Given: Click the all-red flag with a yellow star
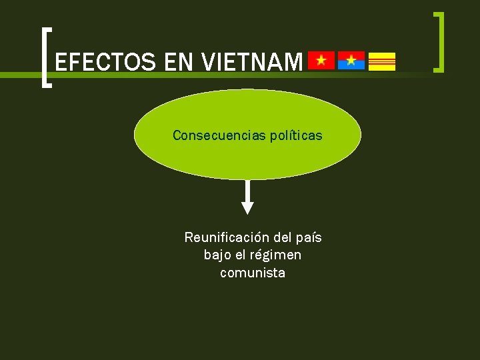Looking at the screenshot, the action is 321,61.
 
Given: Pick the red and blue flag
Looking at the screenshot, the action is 351,61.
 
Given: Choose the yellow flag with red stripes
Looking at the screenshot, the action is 382,61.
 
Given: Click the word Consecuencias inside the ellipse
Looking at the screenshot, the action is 219,135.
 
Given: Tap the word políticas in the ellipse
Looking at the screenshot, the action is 296,135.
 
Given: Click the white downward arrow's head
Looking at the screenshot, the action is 247,207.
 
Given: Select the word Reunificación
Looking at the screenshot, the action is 227,237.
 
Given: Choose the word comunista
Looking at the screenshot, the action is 253,273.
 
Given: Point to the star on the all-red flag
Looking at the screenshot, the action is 321,61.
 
